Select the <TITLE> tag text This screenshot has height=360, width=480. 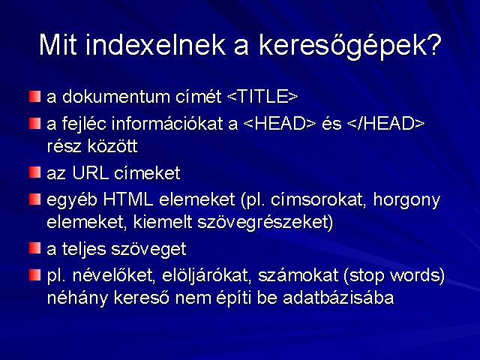coord(262,97)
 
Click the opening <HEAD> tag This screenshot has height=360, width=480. coord(280,124)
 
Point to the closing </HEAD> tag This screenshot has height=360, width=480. coord(386,124)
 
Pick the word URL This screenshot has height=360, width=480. coord(91,173)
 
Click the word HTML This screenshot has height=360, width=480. coord(128,199)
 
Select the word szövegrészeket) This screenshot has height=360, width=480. coord(265,223)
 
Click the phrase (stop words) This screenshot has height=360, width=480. coord(394,276)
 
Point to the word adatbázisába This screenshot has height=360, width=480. coord(338,298)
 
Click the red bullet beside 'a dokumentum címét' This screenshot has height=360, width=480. coord(35,97)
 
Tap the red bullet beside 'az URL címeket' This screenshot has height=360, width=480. coord(35,172)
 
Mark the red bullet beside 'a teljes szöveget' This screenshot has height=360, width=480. coord(35,248)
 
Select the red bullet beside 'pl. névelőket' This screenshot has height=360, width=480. coord(35,275)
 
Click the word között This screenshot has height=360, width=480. coord(112,146)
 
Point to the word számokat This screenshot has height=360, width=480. coord(298,275)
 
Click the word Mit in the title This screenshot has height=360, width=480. coord(58,45)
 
